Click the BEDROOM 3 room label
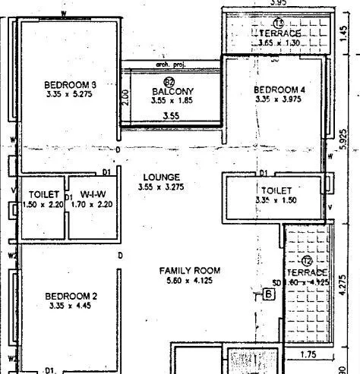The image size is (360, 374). [x=70, y=83]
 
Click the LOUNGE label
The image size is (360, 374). [x=161, y=177]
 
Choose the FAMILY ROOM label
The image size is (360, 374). [x=189, y=270]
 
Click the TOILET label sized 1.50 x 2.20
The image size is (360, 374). [x=39, y=194]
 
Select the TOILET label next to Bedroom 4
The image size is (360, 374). [x=275, y=190]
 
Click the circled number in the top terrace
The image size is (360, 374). [x=278, y=24]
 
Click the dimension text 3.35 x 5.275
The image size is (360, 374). [x=70, y=94]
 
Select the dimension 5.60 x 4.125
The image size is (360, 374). [x=189, y=280]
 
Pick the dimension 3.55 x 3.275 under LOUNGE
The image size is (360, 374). [x=161, y=187]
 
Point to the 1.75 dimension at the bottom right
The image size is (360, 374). [x=308, y=354]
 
